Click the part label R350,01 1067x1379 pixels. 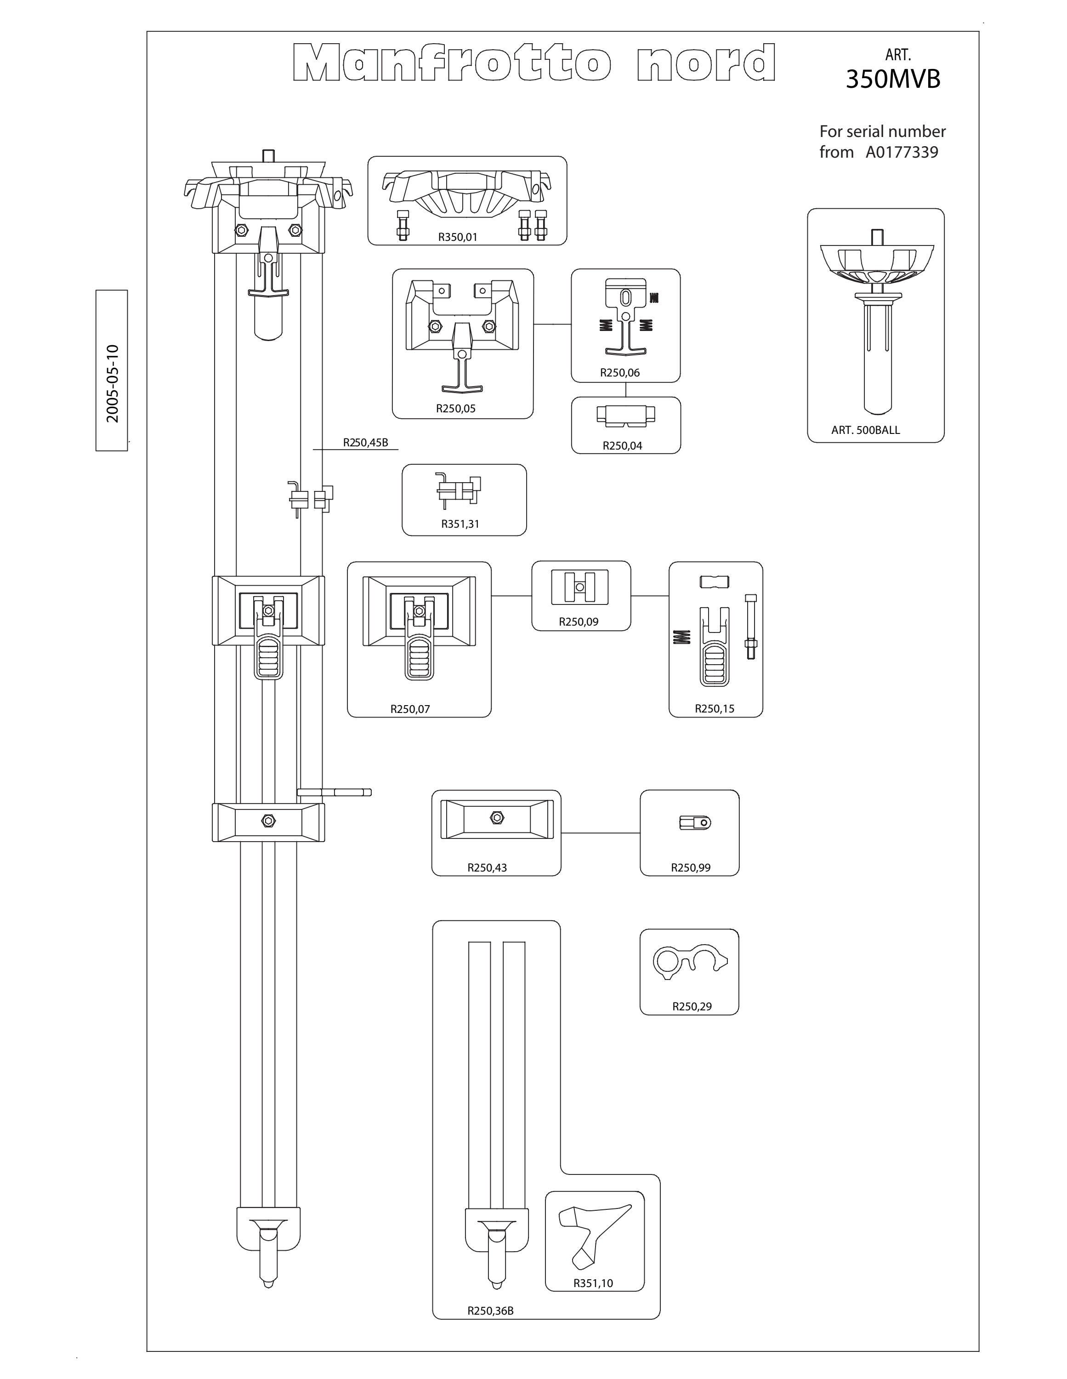coord(458,237)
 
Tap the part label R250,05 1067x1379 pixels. coord(455,409)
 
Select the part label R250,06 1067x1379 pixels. coord(619,372)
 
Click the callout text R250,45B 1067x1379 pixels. coord(366,443)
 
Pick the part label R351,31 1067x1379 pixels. coord(460,524)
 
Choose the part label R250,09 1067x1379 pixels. coord(579,622)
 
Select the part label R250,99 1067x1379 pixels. coord(691,867)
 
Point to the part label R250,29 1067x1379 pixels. coord(692,1007)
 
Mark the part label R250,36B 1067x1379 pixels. coord(491,1311)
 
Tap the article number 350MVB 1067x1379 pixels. coord(893,80)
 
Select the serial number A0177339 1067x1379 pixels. coord(902,152)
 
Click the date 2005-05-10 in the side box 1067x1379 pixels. coord(113,383)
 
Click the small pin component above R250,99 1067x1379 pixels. coord(695,822)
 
